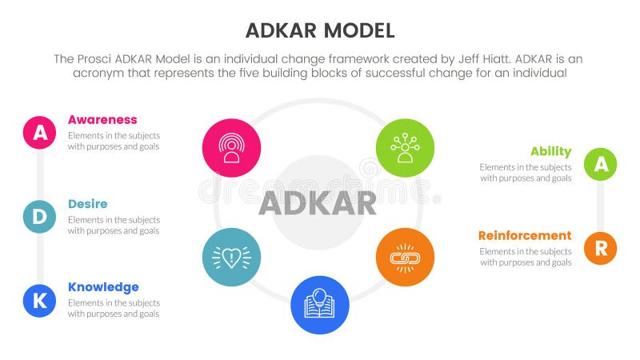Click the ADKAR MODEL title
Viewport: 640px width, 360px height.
(x=320, y=30)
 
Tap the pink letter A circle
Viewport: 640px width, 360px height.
(x=39, y=134)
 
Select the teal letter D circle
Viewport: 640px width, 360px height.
(x=39, y=217)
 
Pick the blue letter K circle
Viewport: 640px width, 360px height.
(x=39, y=300)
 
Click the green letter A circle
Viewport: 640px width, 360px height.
(x=600, y=165)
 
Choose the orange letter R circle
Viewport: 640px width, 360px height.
(x=600, y=248)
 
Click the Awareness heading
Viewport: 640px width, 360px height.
(x=102, y=120)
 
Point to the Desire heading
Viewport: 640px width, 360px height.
(x=87, y=204)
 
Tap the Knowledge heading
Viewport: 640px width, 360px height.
(x=103, y=287)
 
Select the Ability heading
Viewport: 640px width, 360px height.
(x=550, y=152)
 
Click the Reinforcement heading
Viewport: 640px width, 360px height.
(x=525, y=236)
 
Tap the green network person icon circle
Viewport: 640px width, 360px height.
(x=405, y=148)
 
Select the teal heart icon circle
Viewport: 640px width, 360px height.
(x=232, y=258)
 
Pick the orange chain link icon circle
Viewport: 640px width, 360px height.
(x=405, y=258)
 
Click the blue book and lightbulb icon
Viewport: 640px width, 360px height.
(x=319, y=305)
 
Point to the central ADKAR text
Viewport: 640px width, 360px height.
(x=318, y=204)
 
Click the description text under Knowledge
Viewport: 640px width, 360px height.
(x=114, y=309)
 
